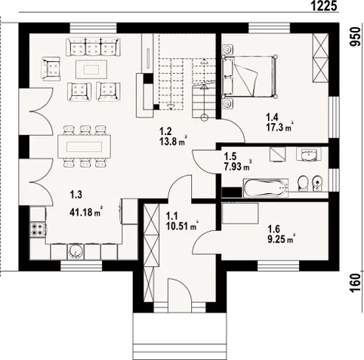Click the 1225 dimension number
[324, 5]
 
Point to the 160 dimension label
[355, 283]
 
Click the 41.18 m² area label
[86, 212]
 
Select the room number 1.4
[272, 117]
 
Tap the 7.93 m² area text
[238, 166]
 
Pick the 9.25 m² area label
[281, 239]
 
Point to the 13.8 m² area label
[173, 141]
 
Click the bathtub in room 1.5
[265, 188]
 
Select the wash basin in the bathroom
[309, 154]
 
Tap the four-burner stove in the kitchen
[38, 229]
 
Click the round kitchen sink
[76, 251]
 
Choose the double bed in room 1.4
[248, 76]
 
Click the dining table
[84, 146]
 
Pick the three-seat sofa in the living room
[92, 47]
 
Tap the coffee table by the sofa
[91, 69]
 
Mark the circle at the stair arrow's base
[204, 117]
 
